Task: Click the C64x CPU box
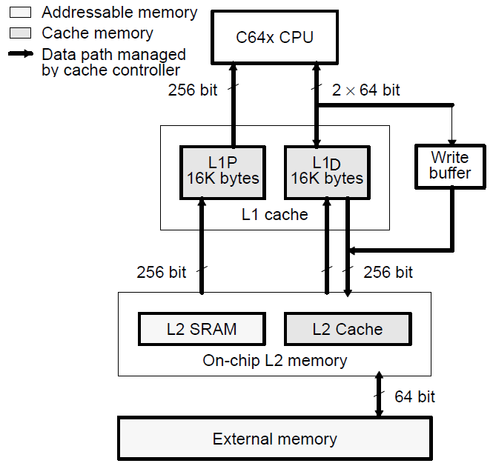(274, 38)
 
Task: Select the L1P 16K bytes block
(223, 171)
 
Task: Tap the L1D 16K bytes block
(327, 171)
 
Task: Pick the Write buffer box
(450, 165)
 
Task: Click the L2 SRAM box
(202, 330)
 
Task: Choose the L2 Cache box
(348, 330)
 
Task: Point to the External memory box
(274, 439)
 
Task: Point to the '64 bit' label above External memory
(414, 397)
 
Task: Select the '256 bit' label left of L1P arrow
(162, 272)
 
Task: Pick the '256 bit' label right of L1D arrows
(388, 272)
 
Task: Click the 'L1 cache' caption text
(275, 215)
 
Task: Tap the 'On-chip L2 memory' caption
(274, 361)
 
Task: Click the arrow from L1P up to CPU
(233, 104)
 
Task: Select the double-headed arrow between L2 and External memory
(379, 396)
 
